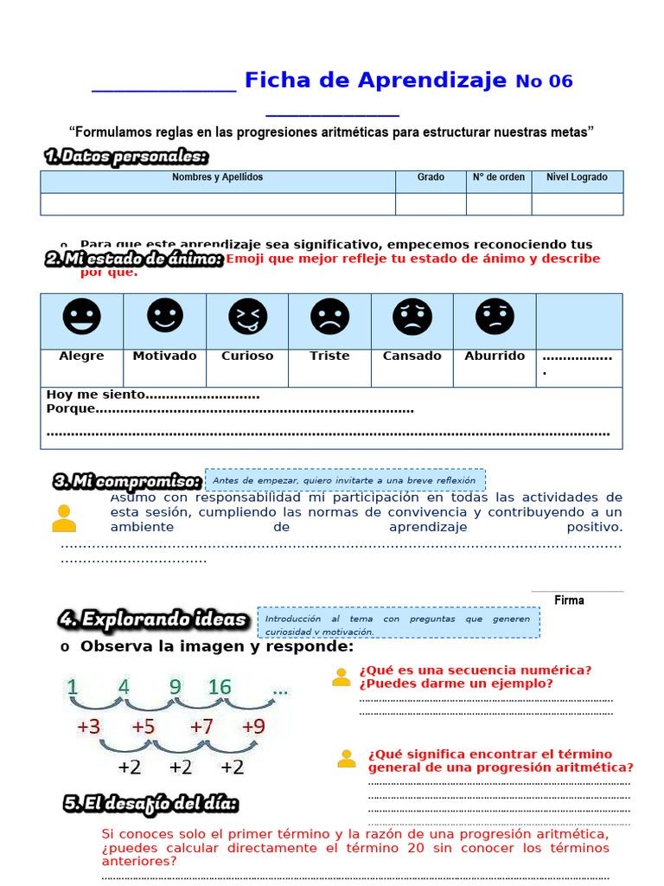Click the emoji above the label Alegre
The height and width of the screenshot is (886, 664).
pos(82,317)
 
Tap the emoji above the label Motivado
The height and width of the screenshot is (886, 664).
pos(165,315)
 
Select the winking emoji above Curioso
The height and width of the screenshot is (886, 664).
pos(248,317)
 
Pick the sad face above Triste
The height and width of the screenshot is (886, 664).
pos(329,317)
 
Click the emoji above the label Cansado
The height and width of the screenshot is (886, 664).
pos(412,317)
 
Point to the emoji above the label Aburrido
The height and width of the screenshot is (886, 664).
pos(495,317)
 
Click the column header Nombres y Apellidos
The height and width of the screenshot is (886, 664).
pos(218,177)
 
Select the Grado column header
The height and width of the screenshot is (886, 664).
pos(431,177)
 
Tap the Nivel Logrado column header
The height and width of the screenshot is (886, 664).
pos(577,177)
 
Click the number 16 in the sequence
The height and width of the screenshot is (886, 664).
pos(220,687)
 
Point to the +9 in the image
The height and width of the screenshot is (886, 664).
pos(253,727)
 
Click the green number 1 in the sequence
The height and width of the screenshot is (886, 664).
pos(72,687)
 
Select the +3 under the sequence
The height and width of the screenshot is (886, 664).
pos(88,727)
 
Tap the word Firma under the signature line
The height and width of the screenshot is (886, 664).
pos(569,600)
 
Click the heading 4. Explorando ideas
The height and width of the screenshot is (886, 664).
pos(153,620)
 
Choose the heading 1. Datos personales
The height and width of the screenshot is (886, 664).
pos(126,157)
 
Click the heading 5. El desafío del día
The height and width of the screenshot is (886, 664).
pos(150,804)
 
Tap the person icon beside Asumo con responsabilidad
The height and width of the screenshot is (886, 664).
pos(63,518)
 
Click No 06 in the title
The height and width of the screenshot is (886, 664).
pos(544,81)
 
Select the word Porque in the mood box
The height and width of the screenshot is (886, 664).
pos(70,408)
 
